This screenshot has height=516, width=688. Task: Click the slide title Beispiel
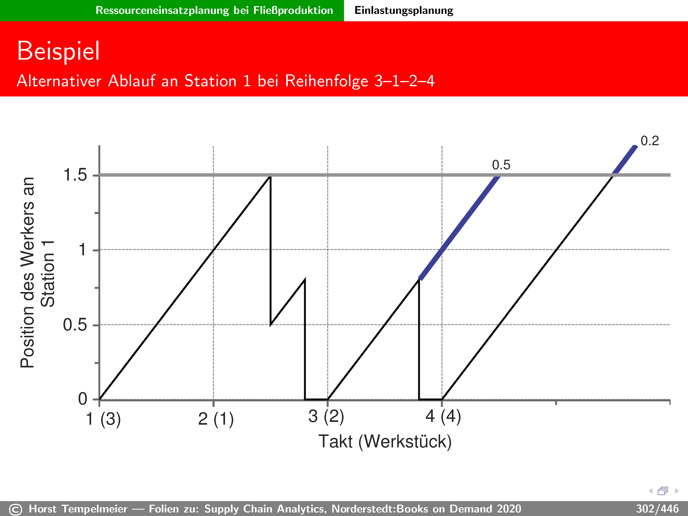click(x=58, y=51)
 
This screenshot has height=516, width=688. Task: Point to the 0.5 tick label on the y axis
click(x=75, y=325)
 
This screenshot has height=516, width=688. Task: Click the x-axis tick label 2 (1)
click(x=216, y=419)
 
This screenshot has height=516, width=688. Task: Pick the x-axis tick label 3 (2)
click(x=326, y=416)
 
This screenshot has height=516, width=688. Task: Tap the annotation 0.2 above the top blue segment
click(x=650, y=141)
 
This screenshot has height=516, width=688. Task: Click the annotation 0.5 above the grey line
click(x=501, y=165)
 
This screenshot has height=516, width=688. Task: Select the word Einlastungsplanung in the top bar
click(x=404, y=10)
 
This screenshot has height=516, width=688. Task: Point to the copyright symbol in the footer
click(x=16, y=510)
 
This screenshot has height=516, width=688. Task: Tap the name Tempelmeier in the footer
click(x=95, y=509)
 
